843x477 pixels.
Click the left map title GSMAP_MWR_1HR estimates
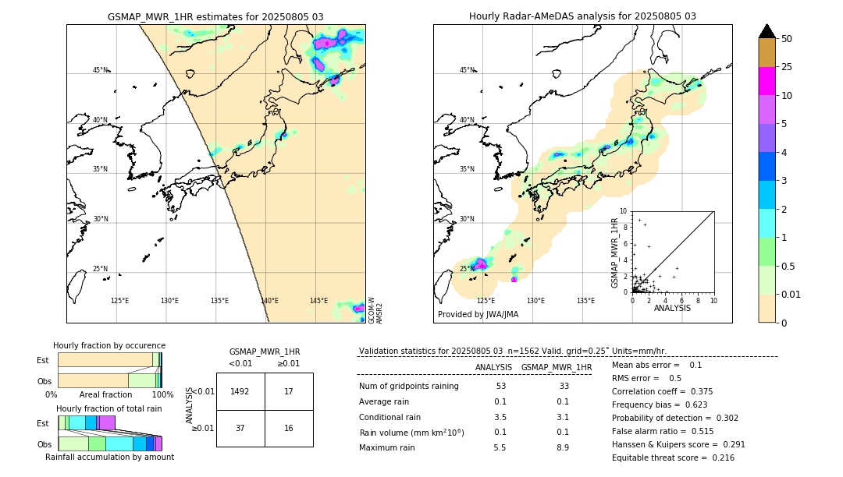click(215, 16)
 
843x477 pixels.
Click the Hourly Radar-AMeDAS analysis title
click(582, 16)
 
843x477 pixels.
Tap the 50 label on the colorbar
click(787, 39)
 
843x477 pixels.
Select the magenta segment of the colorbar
click(767, 81)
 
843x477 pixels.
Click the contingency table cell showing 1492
click(240, 391)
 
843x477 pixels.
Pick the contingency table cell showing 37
click(240, 428)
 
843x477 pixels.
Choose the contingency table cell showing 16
click(289, 428)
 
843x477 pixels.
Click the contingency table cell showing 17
click(289, 391)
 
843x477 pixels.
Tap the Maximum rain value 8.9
click(562, 447)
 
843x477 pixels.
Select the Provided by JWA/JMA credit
click(478, 315)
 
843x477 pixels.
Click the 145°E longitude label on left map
click(318, 301)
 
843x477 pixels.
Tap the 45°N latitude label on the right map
click(467, 70)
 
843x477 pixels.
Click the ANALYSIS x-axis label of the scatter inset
click(673, 309)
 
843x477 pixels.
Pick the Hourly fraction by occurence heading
click(109, 346)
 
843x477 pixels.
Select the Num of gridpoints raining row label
click(408, 387)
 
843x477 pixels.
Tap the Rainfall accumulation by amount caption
click(109, 458)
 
